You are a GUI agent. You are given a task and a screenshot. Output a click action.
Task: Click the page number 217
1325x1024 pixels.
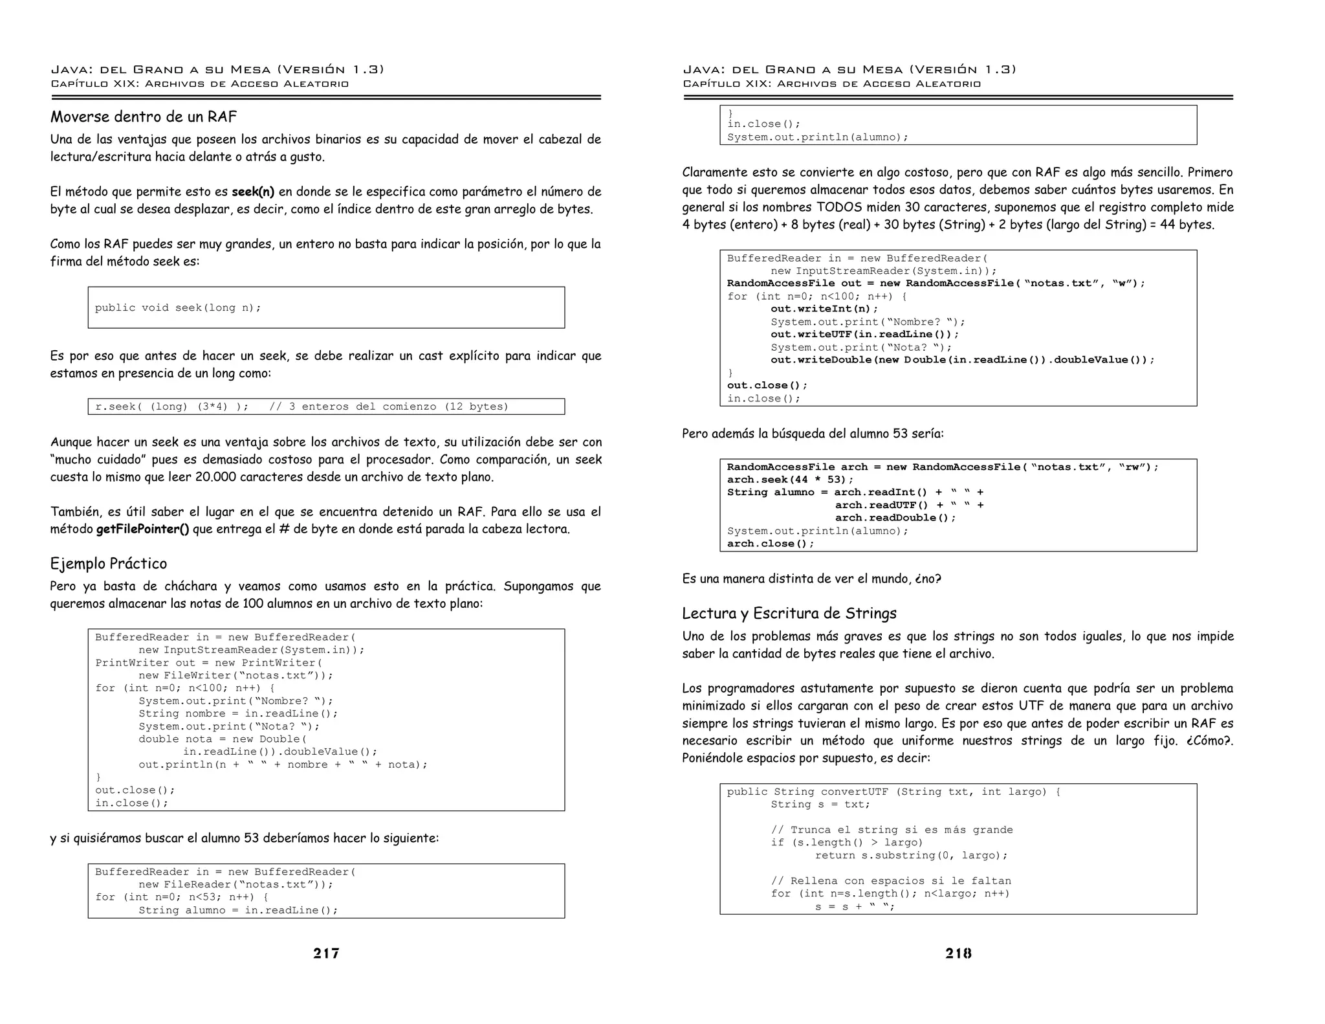326,953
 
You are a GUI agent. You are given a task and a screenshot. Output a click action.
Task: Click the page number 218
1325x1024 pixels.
958,953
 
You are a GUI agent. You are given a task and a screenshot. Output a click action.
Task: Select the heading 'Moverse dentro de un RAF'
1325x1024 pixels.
144,117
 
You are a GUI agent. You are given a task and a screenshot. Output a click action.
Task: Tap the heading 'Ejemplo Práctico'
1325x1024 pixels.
109,564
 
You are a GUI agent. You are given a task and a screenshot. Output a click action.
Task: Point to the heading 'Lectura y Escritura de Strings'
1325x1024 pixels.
789,614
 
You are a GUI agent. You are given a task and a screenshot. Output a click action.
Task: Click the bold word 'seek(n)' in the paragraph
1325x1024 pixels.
253,192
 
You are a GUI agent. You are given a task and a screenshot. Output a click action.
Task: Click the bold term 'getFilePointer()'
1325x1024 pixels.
143,529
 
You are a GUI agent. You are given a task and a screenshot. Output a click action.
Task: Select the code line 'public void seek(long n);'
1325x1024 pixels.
178,308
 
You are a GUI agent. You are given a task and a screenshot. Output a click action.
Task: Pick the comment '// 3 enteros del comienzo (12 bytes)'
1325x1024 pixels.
389,407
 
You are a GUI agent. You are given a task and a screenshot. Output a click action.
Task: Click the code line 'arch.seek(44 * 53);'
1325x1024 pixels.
790,480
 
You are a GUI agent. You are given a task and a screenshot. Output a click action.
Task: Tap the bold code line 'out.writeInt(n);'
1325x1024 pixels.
824,309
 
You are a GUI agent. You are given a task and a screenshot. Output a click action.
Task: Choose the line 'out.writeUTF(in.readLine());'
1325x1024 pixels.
864,335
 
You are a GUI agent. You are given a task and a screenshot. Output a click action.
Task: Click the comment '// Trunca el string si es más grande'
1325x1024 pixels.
892,830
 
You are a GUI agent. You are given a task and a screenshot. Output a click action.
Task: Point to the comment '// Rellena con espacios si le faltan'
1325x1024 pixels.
890,881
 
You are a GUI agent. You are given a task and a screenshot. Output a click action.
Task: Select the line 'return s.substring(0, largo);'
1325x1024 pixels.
911,856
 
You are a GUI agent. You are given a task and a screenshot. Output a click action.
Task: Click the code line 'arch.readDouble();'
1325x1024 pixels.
895,518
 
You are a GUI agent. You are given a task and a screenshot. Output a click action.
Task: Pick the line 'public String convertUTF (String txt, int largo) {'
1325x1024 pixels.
893,792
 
